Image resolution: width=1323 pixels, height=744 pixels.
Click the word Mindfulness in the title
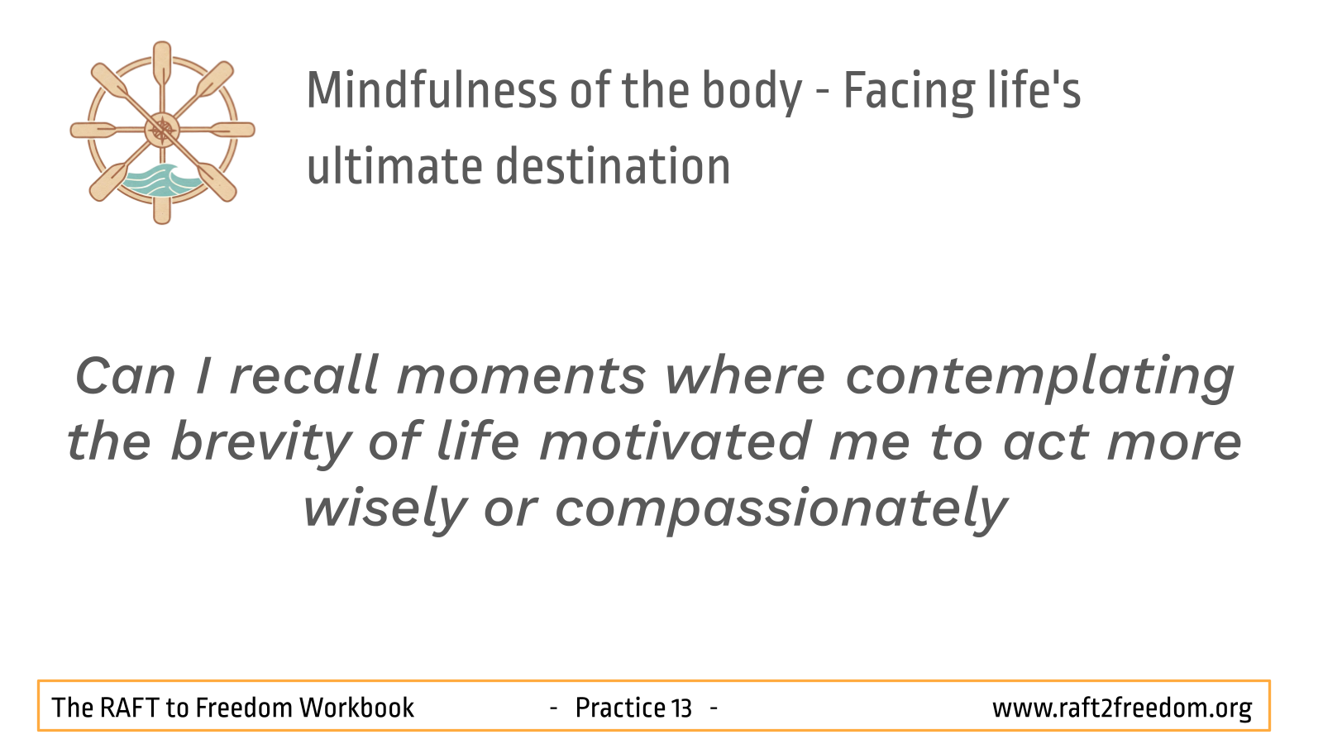tap(432, 90)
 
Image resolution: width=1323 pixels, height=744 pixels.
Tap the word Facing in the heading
tap(909, 93)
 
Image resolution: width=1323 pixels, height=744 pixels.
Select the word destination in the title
tap(613, 166)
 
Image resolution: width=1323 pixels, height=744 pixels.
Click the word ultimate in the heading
tap(394, 166)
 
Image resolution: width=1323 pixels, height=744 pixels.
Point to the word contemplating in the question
tap(1040, 378)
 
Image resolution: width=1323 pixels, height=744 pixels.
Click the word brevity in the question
tap(260, 443)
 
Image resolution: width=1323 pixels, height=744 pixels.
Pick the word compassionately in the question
tap(781, 509)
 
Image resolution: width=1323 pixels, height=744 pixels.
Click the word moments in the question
tap(522, 377)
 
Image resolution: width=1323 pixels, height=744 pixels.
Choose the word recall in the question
tap(303, 375)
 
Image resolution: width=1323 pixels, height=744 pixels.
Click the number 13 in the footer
tap(681, 708)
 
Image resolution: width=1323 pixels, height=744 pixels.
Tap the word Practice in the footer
tap(621, 708)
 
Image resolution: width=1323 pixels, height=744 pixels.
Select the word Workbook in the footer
tap(356, 708)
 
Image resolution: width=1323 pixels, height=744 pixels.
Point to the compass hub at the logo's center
tap(162, 130)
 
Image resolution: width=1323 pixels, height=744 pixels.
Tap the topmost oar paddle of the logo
tap(162, 62)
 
